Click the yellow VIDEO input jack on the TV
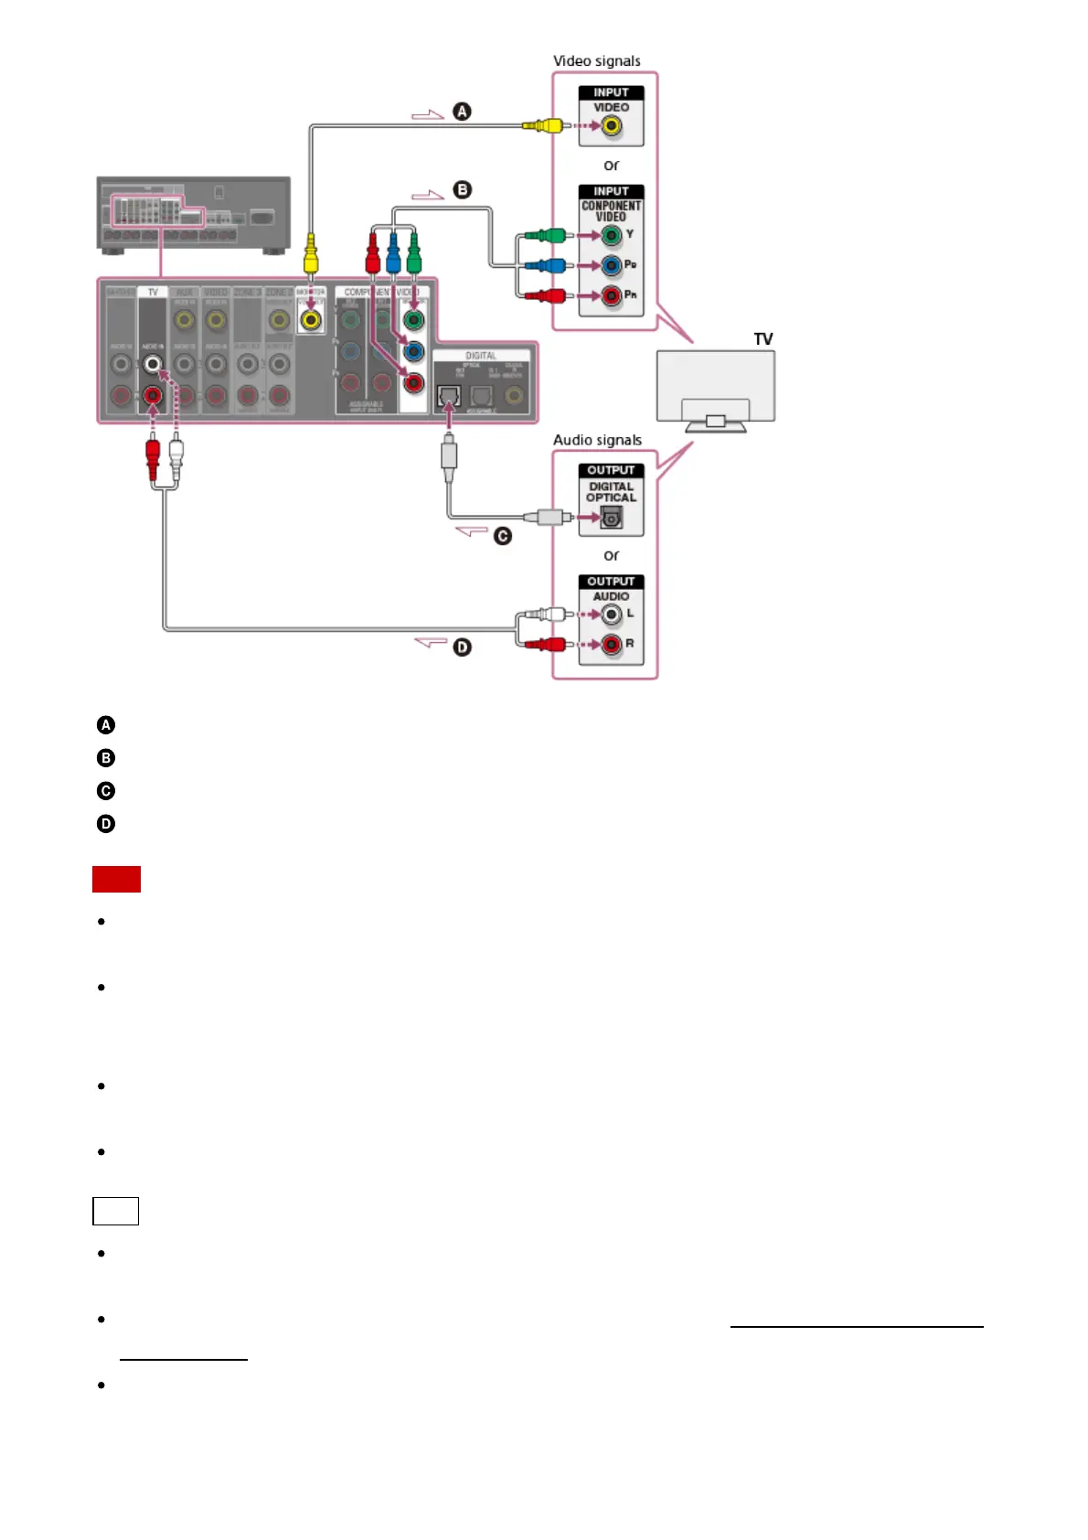[611, 126]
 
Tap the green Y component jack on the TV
[611, 236]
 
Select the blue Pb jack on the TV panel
[611, 266]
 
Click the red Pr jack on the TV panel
[611, 296]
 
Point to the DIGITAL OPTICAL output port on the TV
[611, 518]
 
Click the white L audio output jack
[611, 615]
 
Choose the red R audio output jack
[611, 645]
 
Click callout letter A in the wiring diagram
[463, 112]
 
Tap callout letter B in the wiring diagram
[463, 190]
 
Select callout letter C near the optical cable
[503, 536]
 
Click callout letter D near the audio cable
[463, 647]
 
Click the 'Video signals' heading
[596, 61]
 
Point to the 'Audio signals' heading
[597, 440]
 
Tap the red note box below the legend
[116, 879]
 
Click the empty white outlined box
[115, 1211]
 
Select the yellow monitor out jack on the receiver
[311, 321]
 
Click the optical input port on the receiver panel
[448, 396]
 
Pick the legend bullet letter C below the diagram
[106, 791]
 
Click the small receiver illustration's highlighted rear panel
[156, 211]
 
